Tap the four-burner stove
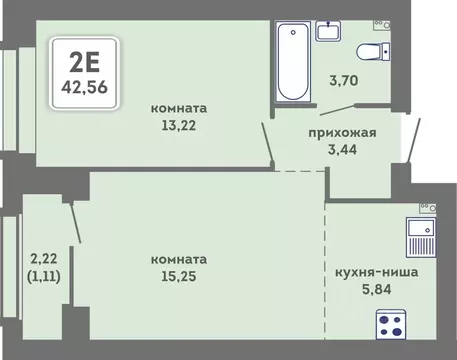[393, 324]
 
